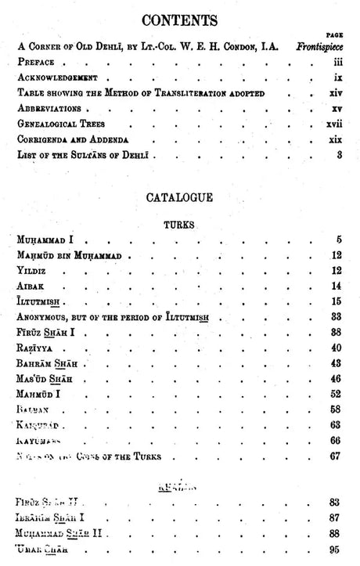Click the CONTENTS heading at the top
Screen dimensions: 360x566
tap(180, 20)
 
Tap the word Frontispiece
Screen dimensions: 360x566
tap(319, 46)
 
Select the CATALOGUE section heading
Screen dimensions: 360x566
tap(179, 198)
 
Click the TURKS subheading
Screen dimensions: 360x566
tap(179, 224)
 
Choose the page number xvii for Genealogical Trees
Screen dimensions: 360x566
tap(334, 124)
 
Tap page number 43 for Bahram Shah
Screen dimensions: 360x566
tap(337, 363)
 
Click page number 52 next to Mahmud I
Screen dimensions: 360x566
tap(337, 394)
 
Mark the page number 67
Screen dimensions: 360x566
tap(337, 456)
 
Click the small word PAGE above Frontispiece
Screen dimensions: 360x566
tap(336, 35)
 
